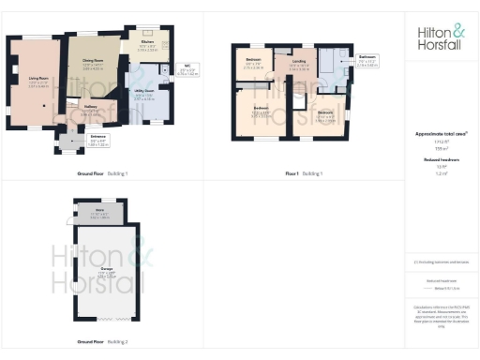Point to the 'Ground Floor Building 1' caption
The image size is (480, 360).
click(x=102, y=174)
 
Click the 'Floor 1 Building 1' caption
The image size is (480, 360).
click(x=303, y=174)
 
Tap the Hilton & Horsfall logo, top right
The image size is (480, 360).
click(x=441, y=37)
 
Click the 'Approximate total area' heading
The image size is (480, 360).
click(x=441, y=134)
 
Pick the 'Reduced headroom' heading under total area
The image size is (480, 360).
click(x=441, y=160)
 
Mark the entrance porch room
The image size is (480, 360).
click(x=71, y=141)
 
